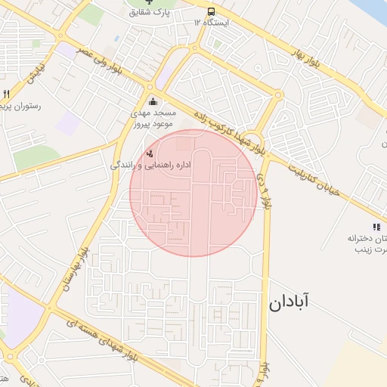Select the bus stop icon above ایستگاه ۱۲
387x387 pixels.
click(210, 12)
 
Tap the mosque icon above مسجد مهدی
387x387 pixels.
click(153, 102)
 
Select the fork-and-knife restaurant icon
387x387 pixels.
click(6, 94)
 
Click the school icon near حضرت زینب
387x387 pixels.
click(376, 227)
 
